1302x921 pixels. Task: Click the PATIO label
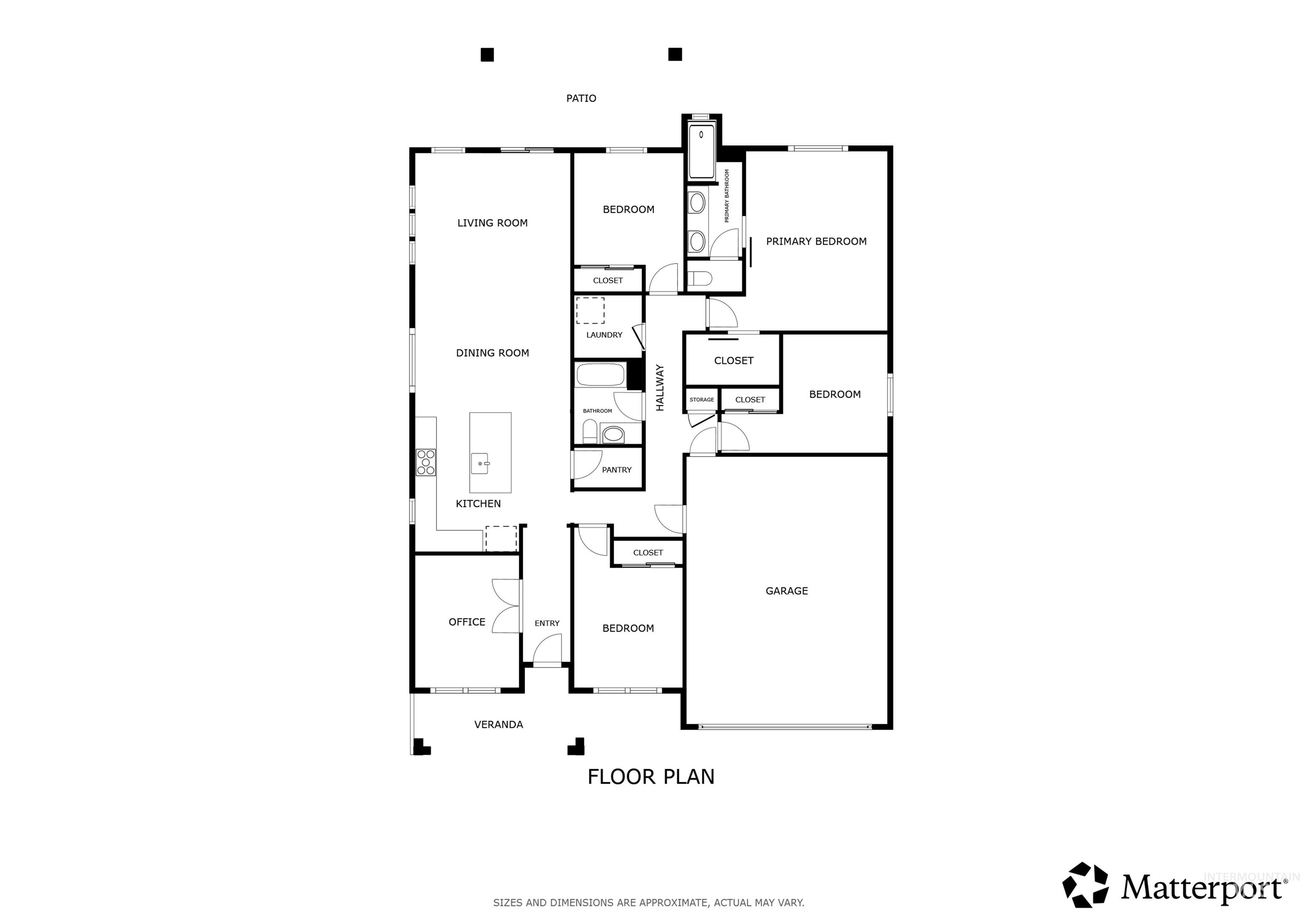pos(581,98)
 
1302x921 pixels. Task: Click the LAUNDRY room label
pos(604,335)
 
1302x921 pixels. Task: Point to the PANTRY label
pos(616,470)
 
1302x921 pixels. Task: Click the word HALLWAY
pos(659,388)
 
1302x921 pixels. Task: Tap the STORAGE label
pos(701,399)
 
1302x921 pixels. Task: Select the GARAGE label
pos(787,591)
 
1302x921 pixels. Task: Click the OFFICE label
pos(467,622)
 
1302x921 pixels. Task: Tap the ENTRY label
pos(547,623)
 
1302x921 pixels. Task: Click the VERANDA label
pos(498,725)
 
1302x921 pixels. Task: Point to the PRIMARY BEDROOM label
pos(816,241)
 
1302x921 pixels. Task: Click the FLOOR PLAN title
pos(651,777)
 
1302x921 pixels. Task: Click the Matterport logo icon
pos(1085,885)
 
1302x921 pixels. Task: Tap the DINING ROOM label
pos(492,353)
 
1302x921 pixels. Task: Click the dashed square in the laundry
pos(590,310)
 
